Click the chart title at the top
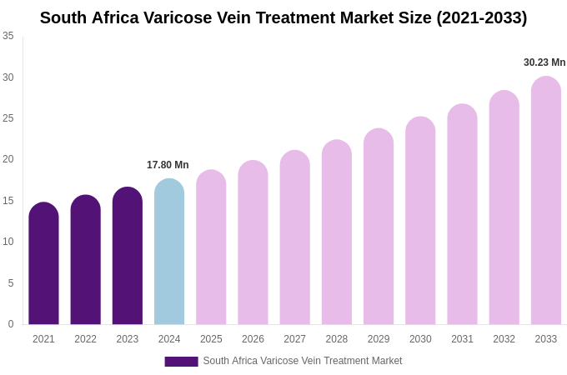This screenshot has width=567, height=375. pyautogui.click(x=283, y=17)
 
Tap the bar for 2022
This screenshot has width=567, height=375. pyautogui.click(x=85, y=260)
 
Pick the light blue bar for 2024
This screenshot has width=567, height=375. pyautogui.click(x=169, y=252)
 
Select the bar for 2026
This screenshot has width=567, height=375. pyautogui.click(x=253, y=242)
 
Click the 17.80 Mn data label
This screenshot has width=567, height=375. pyautogui.click(x=168, y=165)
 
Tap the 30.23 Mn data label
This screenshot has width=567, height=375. pyautogui.click(x=544, y=62)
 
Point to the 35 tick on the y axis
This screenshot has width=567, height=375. pyautogui.click(x=8, y=36)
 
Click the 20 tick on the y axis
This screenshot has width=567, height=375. pyautogui.click(x=8, y=159)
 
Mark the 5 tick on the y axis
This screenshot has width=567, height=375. pyautogui.click(x=11, y=283)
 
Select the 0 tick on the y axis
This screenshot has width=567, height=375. pyautogui.click(x=11, y=324)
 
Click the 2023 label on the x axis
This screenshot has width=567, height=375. pyautogui.click(x=128, y=339)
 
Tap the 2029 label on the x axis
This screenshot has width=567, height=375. pyautogui.click(x=379, y=339)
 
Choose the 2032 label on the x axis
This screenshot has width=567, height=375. pyautogui.click(x=504, y=339)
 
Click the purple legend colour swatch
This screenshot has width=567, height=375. pyautogui.click(x=181, y=362)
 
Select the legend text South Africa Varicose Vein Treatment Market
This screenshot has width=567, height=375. pyautogui.click(x=303, y=361)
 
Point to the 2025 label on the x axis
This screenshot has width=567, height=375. pyautogui.click(x=211, y=339)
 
